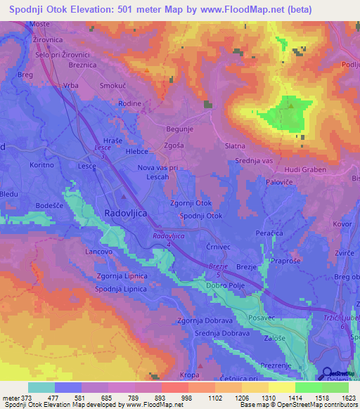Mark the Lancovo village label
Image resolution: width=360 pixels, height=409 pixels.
click(99, 251)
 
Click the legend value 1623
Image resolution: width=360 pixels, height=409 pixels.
click(345, 398)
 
